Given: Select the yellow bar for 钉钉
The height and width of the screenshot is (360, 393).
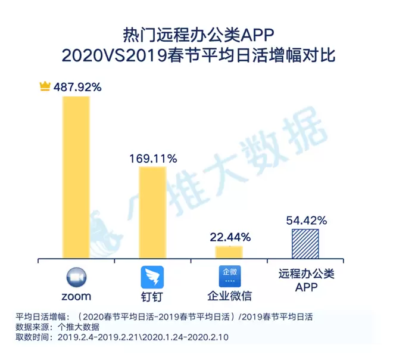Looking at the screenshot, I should tap(152, 213).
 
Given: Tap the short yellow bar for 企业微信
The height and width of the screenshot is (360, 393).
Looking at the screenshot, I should tap(229, 252).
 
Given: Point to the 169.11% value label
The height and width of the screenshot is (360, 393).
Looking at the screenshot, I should tap(153, 159).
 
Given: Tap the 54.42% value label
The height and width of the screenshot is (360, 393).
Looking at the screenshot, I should tap(305, 221).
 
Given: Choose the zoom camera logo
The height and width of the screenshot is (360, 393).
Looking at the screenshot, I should tap(76, 278).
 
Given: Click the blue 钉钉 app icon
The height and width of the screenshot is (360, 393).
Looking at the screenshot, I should tap(152, 278).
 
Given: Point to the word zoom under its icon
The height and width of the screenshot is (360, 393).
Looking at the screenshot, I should tap(76, 296).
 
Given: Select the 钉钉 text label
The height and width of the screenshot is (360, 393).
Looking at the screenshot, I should tap(152, 297).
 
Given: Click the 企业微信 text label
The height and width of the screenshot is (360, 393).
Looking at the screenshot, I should tap(229, 297).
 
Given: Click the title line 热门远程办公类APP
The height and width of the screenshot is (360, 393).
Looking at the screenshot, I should tap(196, 33).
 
